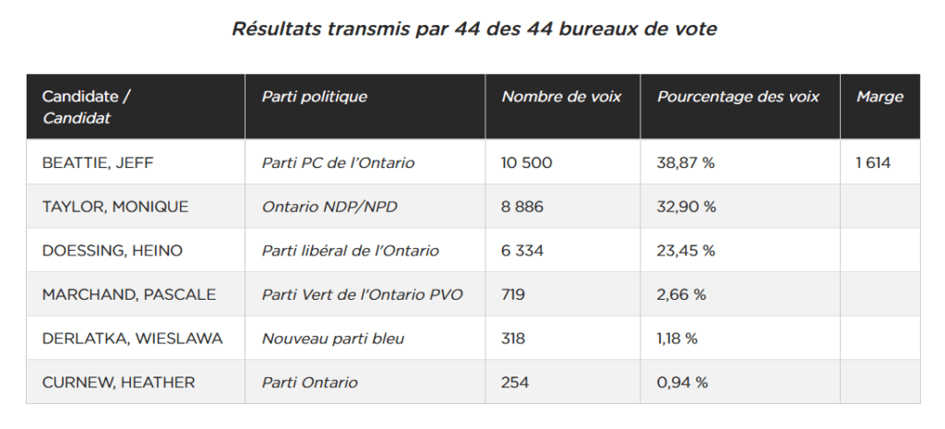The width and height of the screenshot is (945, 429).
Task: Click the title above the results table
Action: tap(474, 29)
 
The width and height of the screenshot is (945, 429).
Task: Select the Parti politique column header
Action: tap(314, 96)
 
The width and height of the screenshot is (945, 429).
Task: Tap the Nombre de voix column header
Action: tap(561, 96)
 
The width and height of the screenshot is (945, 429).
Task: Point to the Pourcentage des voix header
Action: tap(738, 96)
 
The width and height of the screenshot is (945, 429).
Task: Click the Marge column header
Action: tap(879, 97)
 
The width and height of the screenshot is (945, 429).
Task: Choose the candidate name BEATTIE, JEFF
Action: tap(98, 162)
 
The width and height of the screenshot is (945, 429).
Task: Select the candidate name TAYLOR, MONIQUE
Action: tap(115, 207)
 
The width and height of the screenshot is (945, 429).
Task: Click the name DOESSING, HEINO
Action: tap(112, 251)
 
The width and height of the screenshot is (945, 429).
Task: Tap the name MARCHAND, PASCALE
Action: tap(129, 294)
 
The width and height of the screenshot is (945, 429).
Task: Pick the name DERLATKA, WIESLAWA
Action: tap(133, 339)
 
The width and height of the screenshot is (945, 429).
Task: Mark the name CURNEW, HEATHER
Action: tap(119, 383)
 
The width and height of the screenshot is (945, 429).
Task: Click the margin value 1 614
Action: tap(873, 162)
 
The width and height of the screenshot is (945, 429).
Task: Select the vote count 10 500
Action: tap(527, 162)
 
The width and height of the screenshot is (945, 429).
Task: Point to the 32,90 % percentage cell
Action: tap(687, 207)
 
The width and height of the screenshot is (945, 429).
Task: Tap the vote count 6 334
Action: tap(522, 251)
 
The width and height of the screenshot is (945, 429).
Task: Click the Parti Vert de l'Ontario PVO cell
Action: tap(362, 294)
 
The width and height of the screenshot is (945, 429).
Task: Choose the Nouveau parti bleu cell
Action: tap(332, 339)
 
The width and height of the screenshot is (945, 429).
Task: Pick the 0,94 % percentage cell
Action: tap(682, 383)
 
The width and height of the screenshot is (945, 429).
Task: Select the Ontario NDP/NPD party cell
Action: tap(329, 207)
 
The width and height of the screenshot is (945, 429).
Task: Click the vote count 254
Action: tap(515, 383)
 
